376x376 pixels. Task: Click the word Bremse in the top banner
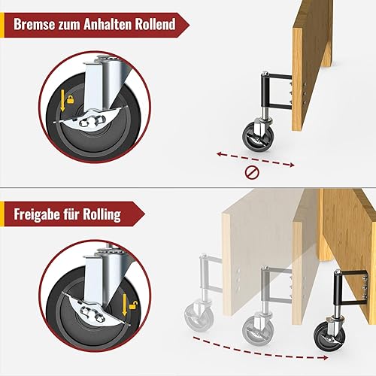(x=35, y=24)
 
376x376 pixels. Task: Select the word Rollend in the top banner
(x=156, y=24)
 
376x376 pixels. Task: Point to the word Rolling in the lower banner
(x=102, y=215)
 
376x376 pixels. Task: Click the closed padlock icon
(x=71, y=99)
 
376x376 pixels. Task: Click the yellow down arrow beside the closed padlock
(x=62, y=101)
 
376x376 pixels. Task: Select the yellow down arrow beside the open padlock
(x=125, y=305)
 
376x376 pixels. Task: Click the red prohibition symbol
(x=252, y=173)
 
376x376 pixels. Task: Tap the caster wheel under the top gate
(x=254, y=136)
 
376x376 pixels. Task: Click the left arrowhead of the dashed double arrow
(x=220, y=153)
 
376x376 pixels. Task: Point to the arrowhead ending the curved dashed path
(x=325, y=358)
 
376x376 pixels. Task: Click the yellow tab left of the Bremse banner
(x=2, y=25)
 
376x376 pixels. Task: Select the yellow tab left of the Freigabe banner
(x=2, y=214)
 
